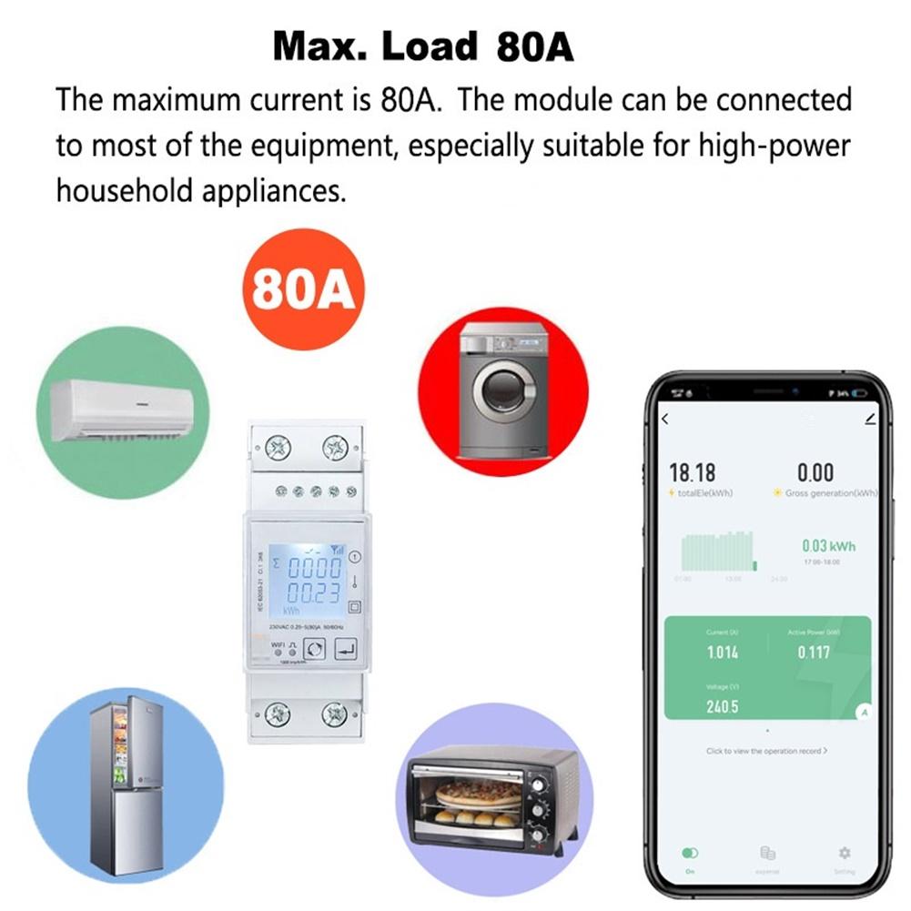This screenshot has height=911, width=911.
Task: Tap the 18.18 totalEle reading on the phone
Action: click(693, 472)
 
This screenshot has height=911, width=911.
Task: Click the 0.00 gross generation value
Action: click(815, 472)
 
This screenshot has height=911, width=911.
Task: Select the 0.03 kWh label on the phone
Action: click(828, 546)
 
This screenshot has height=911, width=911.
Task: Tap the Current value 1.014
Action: click(723, 653)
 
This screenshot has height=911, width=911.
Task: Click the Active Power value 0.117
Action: click(814, 653)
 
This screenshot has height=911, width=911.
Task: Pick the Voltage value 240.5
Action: click(723, 706)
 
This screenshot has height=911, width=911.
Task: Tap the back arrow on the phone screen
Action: click(664, 420)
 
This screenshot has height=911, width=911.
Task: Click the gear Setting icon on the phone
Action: click(844, 853)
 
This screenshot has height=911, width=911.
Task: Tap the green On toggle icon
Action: click(690, 854)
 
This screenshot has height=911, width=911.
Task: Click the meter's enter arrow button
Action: click(347, 649)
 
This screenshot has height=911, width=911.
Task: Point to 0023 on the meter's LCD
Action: click(315, 594)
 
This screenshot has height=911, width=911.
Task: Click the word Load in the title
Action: click(430, 46)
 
